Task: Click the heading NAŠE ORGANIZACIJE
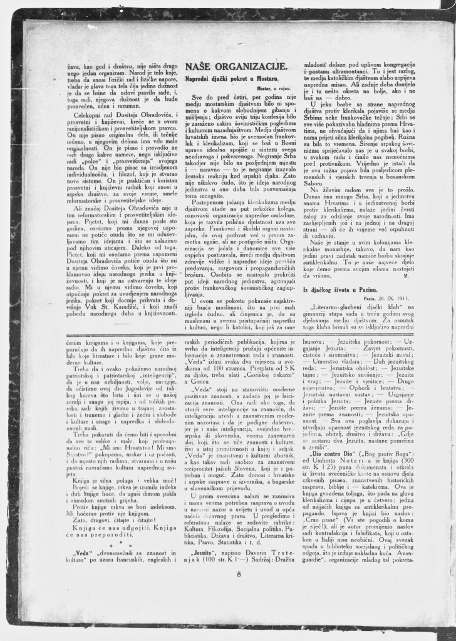click(x=236, y=68)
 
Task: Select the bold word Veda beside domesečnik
click(x=84, y=551)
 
